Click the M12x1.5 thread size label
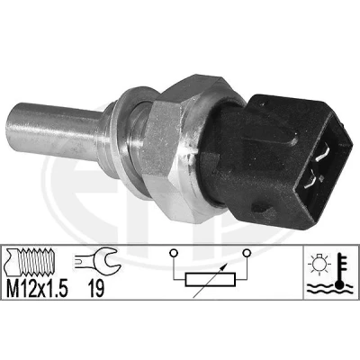tap(37, 289)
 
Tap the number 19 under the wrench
tap(96, 289)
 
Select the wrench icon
tap(98, 259)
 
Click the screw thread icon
tap(30, 262)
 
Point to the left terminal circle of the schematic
tap(174, 253)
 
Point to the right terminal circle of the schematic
tap(247, 253)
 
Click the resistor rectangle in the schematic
tap(211, 280)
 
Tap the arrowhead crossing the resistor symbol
tap(222, 265)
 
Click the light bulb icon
tap(319, 265)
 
